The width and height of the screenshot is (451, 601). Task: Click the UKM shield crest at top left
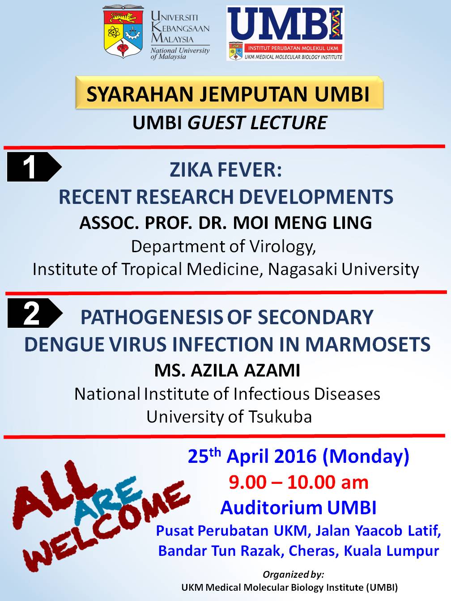tap(123, 31)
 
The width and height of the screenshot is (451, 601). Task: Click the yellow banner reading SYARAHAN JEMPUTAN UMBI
tap(230, 93)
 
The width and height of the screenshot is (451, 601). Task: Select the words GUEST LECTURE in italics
tap(257, 123)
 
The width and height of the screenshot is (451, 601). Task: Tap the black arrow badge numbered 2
tap(35, 313)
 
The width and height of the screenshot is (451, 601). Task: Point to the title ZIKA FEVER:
tap(225, 170)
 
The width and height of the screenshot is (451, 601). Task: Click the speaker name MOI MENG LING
tap(302, 223)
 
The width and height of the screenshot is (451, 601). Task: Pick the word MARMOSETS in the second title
tap(368, 344)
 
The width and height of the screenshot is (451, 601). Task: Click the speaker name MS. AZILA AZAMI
tap(227, 371)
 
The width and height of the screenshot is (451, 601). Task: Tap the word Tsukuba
tap(280, 417)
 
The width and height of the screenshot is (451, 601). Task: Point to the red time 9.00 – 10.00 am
tap(298, 482)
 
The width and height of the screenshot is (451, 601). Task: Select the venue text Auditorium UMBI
tap(298, 508)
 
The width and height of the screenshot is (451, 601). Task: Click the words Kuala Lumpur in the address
tap(391, 550)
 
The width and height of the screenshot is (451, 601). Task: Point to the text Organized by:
tap(293, 574)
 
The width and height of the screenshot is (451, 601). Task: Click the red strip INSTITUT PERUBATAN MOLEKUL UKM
tap(293, 48)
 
